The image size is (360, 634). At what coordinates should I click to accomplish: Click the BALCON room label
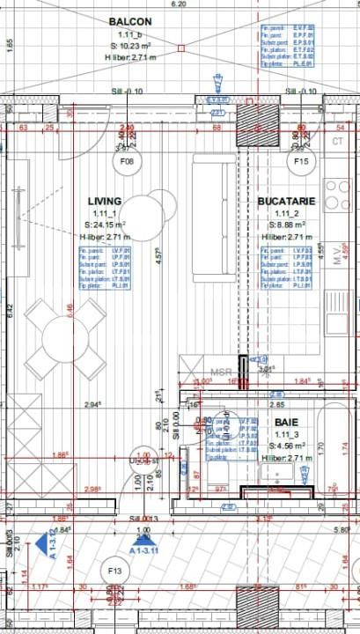129,21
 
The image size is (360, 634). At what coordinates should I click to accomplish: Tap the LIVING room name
104,202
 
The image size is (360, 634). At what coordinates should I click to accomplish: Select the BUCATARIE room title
286,202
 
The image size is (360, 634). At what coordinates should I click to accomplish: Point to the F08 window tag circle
128,162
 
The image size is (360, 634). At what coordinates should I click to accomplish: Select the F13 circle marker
114,571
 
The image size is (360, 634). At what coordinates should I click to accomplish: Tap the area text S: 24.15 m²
104,225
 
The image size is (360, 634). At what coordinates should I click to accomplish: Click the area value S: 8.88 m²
286,225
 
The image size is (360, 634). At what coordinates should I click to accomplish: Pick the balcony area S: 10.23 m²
129,46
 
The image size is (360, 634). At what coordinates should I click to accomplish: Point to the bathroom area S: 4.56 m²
283,446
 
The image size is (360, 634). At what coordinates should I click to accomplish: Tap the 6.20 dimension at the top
180,4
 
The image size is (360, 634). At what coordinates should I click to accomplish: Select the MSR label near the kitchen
221,372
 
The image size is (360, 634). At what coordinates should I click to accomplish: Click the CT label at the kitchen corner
337,141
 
